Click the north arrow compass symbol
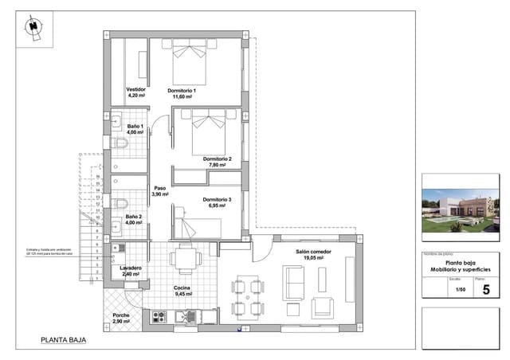pyautogui.click(x=32, y=27)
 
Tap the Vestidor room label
pyautogui.click(x=135, y=89)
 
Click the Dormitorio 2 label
pyautogui.click(x=217, y=159)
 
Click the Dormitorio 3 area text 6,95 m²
pyautogui.click(x=217, y=205)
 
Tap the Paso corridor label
pyautogui.click(x=159, y=189)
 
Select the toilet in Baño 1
pyautogui.click(x=121, y=144)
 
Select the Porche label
pyautogui.click(x=121, y=315)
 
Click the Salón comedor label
pyautogui.click(x=313, y=252)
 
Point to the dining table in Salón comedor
pyautogui.click(x=245, y=296)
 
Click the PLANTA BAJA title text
pyautogui.click(x=63, y=340)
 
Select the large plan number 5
pyautogui.click(x=486, y=290)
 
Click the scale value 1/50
pyautogui.click(x=460, y=291)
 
